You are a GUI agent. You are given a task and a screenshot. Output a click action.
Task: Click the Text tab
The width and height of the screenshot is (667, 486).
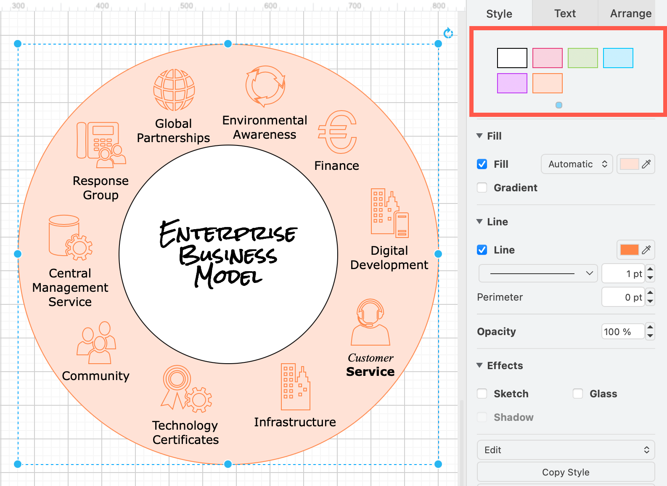[x=564, y=13]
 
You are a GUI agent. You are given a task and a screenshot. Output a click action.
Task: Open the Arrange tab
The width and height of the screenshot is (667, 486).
[x=631, y=13]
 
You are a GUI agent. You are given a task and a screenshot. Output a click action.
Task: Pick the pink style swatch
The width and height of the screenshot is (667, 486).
[x=547, y=58]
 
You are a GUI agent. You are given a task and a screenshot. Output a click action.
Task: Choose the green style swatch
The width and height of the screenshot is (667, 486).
[x=583, y=58]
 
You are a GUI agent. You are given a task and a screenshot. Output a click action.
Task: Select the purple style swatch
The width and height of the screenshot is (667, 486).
[x=512, y=83]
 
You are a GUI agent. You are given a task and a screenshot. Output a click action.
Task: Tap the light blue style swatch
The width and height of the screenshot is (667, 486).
[x=618, y=58]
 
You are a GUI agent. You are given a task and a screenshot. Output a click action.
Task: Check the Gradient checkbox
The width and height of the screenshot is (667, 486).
[x=482, y=188]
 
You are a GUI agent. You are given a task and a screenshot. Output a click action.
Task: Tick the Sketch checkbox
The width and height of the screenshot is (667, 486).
[x=482, y=394]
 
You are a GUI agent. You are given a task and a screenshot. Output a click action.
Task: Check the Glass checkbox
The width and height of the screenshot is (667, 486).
[x=578, y=394]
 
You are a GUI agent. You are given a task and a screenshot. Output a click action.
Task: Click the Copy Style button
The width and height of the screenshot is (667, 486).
[x=566, y=472]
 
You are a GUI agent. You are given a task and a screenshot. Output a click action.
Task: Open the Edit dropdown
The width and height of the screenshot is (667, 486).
[x=566, y=450]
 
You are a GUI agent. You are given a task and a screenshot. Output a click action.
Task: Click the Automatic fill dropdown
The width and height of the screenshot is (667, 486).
[x=577, y=164]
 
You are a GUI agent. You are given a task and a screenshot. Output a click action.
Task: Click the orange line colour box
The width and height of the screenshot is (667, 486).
[x=629, y=250]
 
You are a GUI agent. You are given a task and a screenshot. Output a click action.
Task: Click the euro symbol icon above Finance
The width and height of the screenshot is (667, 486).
[x=337, y=132]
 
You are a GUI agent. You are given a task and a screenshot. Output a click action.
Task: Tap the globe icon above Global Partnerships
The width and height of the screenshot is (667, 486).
[x=174, y=90]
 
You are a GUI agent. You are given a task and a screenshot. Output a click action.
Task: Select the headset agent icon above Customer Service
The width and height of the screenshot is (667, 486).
[x=371, y=322]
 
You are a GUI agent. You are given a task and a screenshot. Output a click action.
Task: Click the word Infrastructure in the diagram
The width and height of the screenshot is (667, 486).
[x=295, y=422]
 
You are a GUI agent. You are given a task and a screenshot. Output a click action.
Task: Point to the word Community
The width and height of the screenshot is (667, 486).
[x=95, y=376]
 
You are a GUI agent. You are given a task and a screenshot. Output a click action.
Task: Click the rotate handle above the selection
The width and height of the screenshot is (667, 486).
[x=448, y=33]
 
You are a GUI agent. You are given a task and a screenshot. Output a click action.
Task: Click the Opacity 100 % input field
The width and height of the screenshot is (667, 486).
[x=623, y=331]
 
